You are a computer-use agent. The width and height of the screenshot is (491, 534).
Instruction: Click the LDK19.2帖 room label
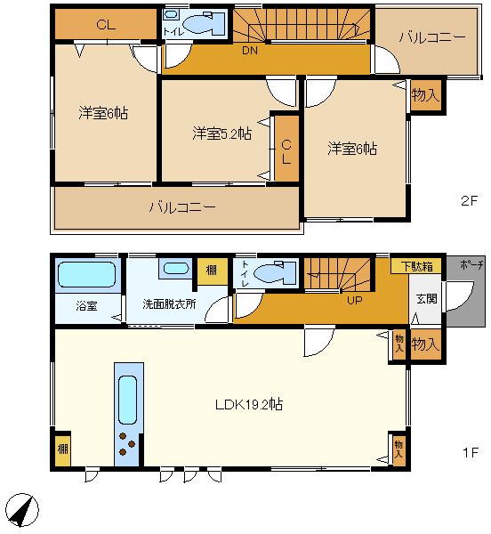(249, 404)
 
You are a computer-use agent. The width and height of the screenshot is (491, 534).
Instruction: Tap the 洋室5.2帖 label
(221, 133)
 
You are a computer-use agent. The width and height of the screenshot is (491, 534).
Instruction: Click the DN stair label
(250, 51)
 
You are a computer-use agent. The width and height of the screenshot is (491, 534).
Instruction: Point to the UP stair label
(355, 301)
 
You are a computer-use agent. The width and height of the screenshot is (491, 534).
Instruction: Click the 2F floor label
(470, 201)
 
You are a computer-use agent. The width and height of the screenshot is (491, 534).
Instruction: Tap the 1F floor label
(471, 453)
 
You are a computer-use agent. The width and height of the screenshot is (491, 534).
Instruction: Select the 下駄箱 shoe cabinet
(416, 265)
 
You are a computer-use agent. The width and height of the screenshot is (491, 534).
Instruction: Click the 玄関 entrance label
(427, 299)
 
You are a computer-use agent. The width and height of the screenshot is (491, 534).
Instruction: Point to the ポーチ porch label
(471, 264)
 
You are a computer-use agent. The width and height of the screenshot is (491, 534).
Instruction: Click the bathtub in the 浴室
(87, 274)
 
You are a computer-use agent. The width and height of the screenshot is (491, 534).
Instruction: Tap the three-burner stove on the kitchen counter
(127, 444)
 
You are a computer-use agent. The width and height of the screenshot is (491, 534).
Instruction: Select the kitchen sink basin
(127, 400)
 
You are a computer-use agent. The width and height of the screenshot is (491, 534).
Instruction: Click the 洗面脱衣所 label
(169, 303)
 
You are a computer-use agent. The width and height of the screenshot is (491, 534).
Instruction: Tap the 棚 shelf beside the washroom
(213, 271)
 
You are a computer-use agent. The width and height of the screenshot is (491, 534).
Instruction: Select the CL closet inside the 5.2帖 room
(286, 149)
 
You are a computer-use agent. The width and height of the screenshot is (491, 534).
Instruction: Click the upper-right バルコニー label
(432, 37)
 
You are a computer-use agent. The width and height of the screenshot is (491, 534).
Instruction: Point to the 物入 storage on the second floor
(426, 95)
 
